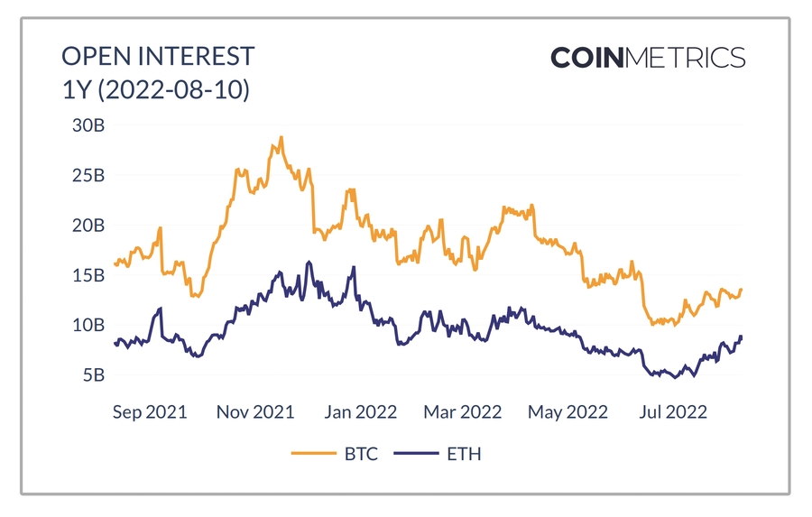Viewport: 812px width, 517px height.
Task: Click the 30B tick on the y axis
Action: click(x=88, y=125)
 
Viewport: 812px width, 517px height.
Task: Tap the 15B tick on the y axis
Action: click(x=88, y=275)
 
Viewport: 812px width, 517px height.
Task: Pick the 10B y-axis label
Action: click(x=88, y=325)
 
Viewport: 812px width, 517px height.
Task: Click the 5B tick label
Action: click(x=92, y=374)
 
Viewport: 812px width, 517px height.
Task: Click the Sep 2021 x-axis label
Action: click(x=150, y=412)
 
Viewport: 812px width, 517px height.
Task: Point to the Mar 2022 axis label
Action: click(x=462, y=412)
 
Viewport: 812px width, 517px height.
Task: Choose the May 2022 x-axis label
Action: click(x=568, y=412)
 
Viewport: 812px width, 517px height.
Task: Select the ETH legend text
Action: click(x=464, y=454)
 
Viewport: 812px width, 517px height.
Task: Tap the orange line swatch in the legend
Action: click(x=312, y=454)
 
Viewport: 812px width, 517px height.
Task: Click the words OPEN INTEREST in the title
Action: click(x=158, y=57)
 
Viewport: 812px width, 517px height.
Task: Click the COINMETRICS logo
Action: click(x=648, y=59)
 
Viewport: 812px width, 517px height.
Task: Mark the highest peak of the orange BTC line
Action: click(x=281, y=138)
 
